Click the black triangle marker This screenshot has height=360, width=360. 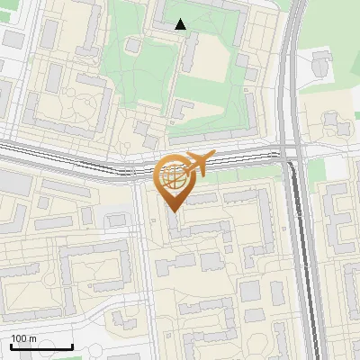click(181, 24)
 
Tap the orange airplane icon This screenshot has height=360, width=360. click(197, 164)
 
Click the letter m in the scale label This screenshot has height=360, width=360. click(32, 338)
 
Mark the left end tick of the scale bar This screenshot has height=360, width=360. click(11, 346)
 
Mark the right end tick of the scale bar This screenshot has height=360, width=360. click(72, 346)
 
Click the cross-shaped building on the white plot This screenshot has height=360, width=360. click(321, 62)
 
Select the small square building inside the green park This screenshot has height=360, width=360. click(134, 45)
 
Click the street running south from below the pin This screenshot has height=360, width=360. click(145, 270)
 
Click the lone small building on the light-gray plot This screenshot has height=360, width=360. click(116, 219)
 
